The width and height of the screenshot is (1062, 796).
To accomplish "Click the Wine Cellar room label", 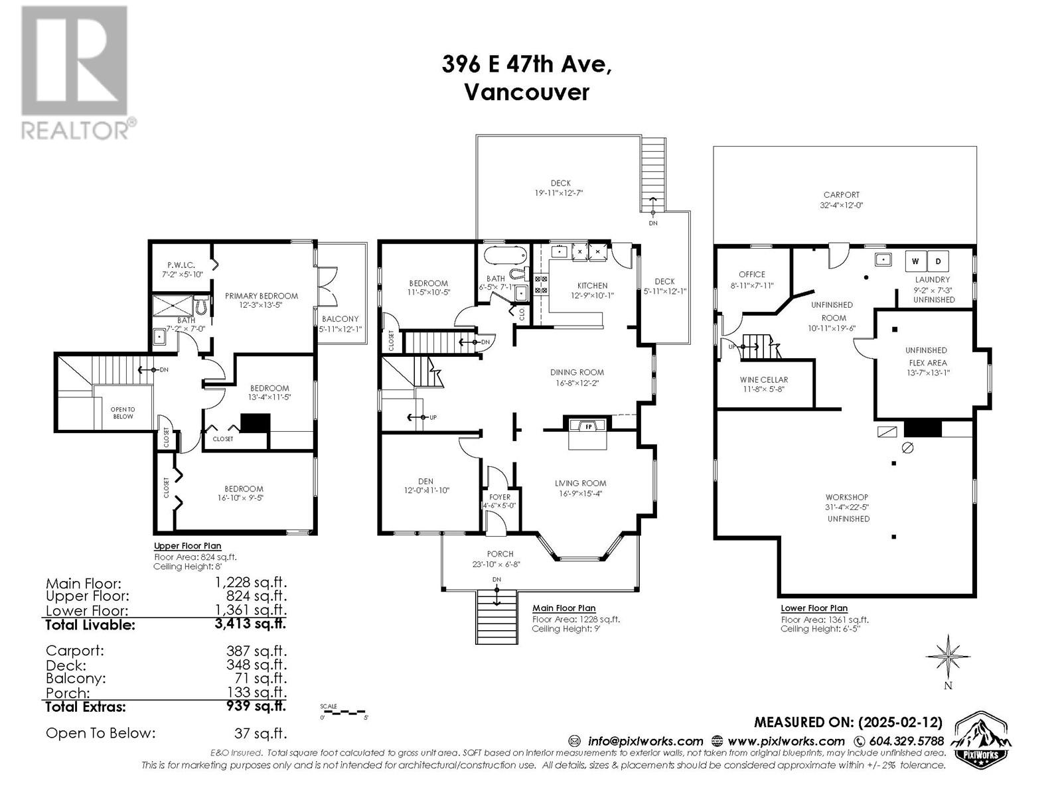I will point(763,380).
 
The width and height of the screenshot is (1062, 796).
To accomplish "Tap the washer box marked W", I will point(915,261).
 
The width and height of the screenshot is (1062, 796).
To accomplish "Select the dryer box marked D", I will point(939,261).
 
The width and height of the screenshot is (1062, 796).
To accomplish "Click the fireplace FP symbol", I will point(587,426).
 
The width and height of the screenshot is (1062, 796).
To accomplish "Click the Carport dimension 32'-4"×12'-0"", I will point(841,206).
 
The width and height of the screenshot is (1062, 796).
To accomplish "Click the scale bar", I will point(342,712).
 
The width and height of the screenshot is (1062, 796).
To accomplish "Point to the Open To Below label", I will point(123,413).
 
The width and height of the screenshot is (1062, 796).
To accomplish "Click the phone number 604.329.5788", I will point(906,741).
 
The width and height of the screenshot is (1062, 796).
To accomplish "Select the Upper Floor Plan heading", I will point(188,546).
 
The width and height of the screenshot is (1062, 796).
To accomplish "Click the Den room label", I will point(425,482).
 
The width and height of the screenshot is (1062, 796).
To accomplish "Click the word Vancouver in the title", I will point(526,92).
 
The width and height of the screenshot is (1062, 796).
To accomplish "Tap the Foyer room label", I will point(500,497).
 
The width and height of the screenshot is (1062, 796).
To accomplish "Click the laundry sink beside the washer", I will point(883,259).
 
